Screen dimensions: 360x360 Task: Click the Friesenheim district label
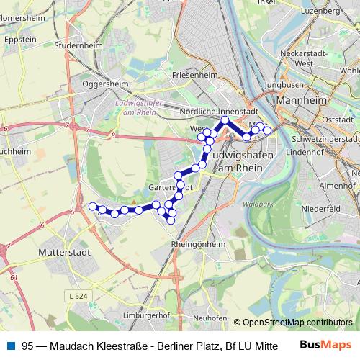click(x=195, y=74)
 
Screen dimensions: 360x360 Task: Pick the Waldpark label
click(x=254, y=204)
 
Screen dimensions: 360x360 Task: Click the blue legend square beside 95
click(x=10, y=346)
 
